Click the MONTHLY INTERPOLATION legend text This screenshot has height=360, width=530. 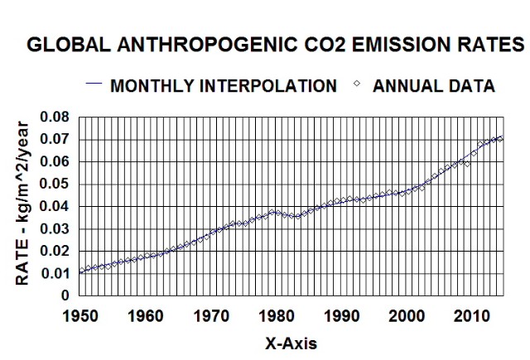click(x=223, y=86)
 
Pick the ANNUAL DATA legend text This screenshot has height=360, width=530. click(x=435, y=86)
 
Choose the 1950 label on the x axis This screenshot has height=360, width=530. click(x=80, y=315)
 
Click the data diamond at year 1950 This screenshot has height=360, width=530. click(x=80, y=271)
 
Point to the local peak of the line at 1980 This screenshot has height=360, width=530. click(x=275, y=211)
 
